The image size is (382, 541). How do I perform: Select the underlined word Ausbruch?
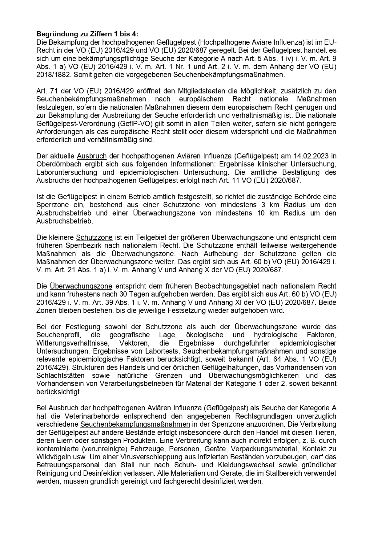point(92,156)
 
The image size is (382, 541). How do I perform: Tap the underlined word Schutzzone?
point(94,237)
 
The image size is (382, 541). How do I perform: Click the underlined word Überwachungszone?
point(81,286)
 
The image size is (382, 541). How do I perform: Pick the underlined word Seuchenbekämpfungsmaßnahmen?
point(135,424)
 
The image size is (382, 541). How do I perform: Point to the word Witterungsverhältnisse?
point(72,343)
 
